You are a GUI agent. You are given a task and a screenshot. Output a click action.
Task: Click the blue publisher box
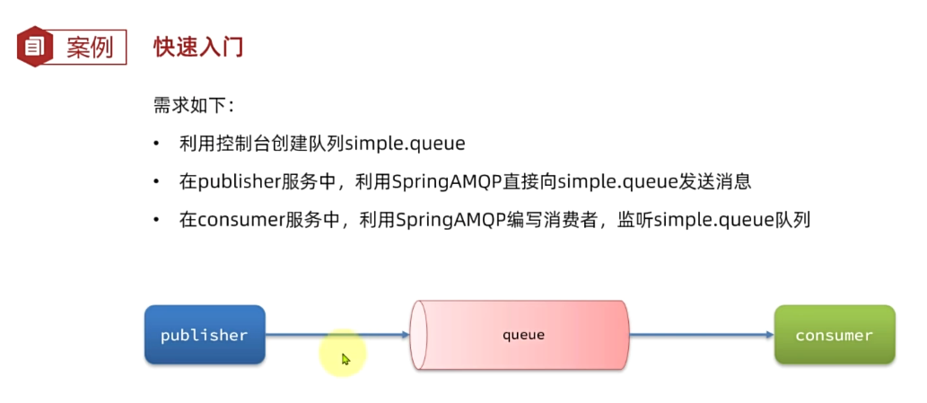click(205, 335)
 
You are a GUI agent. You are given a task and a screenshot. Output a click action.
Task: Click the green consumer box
click(834, 335)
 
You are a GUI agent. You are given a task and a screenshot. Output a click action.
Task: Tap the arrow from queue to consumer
click(700, 336)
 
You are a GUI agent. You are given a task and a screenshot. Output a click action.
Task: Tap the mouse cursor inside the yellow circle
click(345, 359)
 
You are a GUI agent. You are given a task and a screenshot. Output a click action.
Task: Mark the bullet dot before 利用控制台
click(157, 144)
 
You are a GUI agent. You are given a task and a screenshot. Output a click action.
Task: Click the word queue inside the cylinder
click(523, 335)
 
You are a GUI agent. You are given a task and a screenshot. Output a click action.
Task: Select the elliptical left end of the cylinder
click(417, 335)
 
